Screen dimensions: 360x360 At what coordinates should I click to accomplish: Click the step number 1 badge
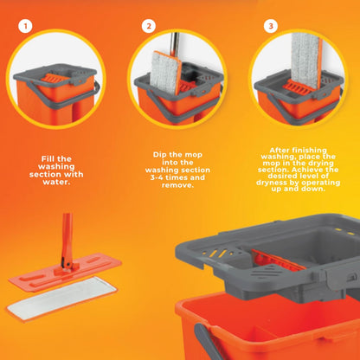(25, 26)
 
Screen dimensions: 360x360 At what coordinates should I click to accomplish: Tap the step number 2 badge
(149, 26)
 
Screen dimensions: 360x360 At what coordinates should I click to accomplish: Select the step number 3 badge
(271, 26)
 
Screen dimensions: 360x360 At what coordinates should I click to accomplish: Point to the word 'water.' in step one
(56, 182)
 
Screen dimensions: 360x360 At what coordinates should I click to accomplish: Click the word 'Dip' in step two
(159, 155)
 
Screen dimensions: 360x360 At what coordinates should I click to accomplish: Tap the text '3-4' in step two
(157, 177)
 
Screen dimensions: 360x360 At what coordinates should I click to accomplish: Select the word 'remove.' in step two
(177, 185)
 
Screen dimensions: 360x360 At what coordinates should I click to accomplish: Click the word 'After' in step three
(280, 151)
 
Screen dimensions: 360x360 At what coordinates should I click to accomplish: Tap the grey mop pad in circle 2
(166, 73)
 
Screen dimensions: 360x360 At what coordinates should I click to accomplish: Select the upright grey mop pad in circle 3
(305, 61)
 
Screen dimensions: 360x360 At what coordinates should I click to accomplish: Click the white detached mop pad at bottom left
(61, 298)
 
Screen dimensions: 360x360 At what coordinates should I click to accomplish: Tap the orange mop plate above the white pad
(65, 273)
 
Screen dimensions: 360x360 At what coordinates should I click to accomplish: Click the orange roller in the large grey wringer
(278, 261)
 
